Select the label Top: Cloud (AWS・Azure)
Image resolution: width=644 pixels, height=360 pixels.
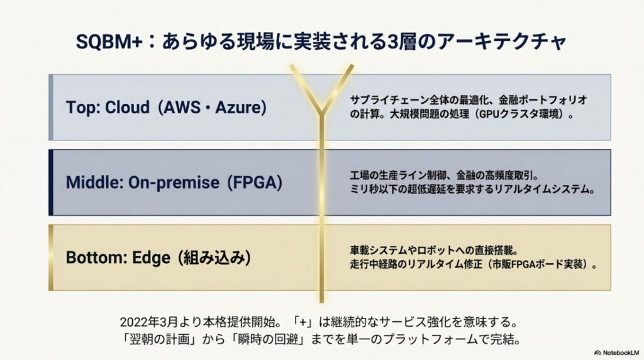[167, 107]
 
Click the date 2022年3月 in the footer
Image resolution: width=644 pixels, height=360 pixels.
[150, 322]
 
